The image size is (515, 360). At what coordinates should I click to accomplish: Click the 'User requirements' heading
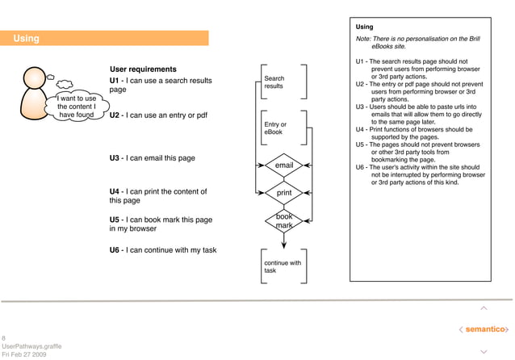click(143, 69)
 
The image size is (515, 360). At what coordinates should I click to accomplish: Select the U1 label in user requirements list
click(115, 81)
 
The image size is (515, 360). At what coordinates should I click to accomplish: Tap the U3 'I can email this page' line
click(152, 158)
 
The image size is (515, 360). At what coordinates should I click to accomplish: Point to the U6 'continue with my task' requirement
click(163, 250)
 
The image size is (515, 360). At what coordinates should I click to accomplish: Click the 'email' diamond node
click(284, 165)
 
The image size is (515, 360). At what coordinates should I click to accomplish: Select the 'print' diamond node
click(284, 194)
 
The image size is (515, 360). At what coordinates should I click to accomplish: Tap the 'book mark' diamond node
click(284, 221)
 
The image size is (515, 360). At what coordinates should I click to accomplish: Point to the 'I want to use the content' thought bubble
click(77, 107)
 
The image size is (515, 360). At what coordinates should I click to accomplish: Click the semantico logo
click(484, 329)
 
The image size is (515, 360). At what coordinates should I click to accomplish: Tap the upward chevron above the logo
click(484, 308)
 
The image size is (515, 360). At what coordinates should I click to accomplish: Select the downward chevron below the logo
click(484, 351)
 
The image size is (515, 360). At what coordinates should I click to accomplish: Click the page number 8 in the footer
click(4, 337)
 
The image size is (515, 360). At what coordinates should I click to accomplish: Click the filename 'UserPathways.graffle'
click(31, 345)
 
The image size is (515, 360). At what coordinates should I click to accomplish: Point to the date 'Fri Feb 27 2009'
click(24, 354)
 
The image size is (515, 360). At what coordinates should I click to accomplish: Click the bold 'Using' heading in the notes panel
click(364, 27)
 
